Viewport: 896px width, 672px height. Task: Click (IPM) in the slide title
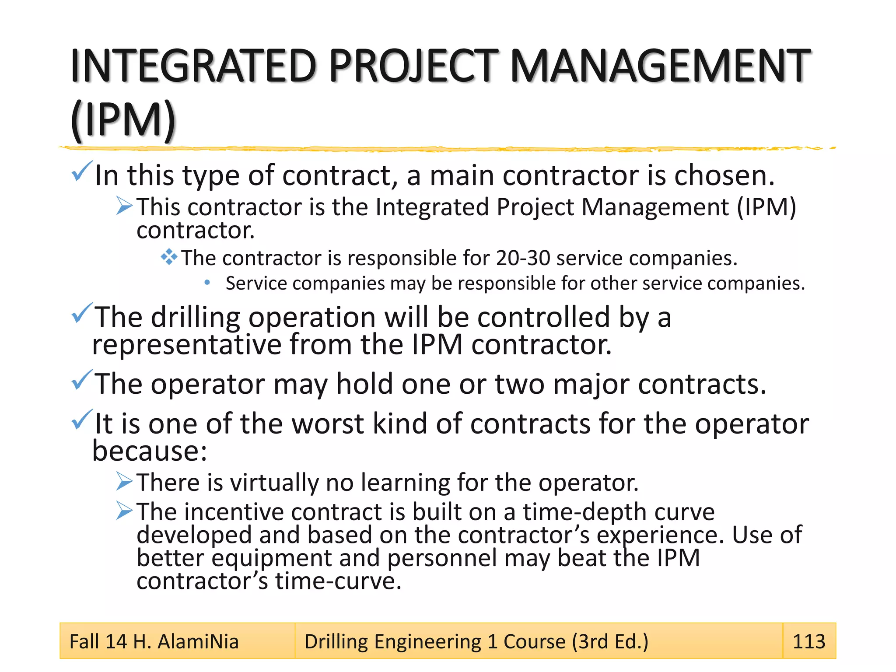point(123,120)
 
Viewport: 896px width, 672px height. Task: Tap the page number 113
point(808,641)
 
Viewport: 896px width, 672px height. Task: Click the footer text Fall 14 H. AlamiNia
point(154,642)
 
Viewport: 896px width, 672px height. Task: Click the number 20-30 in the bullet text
point(522,258)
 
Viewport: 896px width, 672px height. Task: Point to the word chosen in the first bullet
point(724,175)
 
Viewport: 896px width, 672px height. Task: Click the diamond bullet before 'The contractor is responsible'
point(169,257)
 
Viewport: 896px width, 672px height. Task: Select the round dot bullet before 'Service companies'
point(207,283)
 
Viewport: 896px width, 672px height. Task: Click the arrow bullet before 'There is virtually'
point(124,482)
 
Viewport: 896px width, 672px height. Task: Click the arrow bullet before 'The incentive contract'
point(124,511)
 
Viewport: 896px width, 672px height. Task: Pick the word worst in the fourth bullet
point(328,424)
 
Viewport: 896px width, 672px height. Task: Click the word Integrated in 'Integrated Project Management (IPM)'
point(432,207)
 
